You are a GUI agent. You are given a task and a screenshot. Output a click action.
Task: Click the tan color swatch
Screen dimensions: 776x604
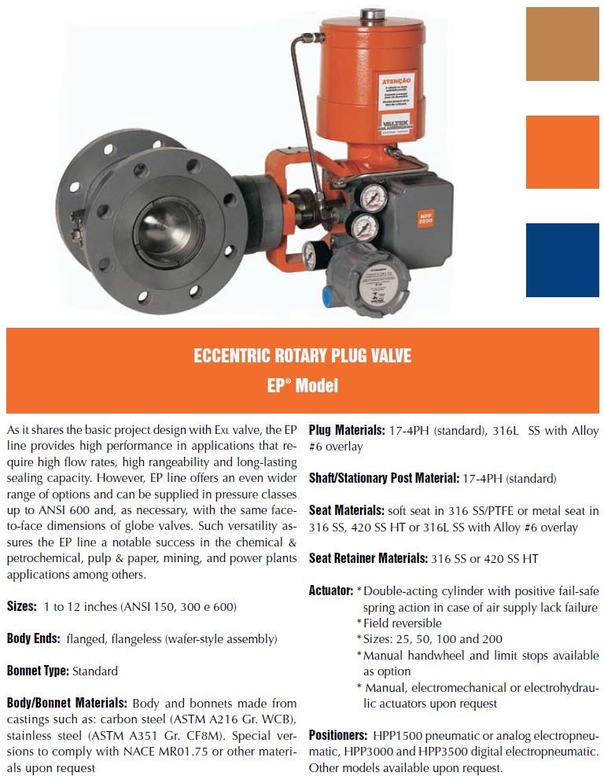pos(562,43)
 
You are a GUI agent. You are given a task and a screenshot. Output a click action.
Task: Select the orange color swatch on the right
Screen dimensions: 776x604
pos(562,152)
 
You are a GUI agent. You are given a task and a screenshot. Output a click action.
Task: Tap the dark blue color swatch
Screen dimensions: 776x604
pos(562,259)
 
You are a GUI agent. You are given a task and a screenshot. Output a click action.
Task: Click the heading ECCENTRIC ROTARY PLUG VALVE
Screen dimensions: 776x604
pos(302,356)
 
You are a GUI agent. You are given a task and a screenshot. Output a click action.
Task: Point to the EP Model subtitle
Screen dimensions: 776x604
pos(302,385)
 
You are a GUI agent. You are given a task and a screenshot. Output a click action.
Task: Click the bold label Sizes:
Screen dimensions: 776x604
pos(21,606)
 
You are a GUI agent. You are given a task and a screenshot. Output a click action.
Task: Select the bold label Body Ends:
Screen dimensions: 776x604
pos(34,638)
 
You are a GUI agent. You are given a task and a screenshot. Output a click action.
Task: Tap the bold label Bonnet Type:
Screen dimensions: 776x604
pos(39,671)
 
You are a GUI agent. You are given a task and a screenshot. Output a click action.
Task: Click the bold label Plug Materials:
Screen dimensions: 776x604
pos(346,430)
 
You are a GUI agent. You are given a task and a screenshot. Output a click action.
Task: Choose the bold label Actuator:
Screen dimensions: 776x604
pos(330,590)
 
